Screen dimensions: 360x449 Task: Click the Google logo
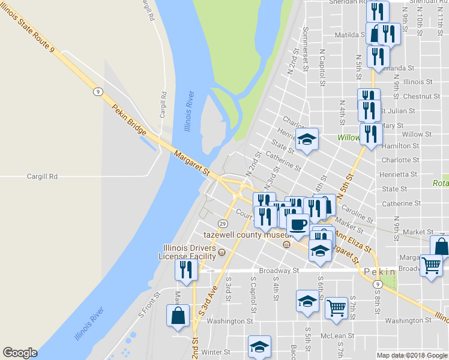pyautogui.click(x=20, y=353)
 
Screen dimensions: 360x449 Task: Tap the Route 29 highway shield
pyautogui.click(x=222, y=223)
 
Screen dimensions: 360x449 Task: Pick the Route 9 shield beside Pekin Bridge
pyautogui.click(x=97, y=91)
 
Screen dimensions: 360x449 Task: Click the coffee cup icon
pyautogui.click(x=298, y=224)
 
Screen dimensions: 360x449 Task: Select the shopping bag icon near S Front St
pyautogui.click(x=179, y=316)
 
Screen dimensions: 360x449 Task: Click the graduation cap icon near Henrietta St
pyautogui.click(x=307, y=140)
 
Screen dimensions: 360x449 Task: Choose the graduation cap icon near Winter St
pyautogui.click(x=259, y=346)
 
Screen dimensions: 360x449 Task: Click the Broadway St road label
pyautogui.click(x=279, y=271)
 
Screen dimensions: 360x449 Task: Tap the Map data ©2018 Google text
pyautogui.click(x=412, y=355)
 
